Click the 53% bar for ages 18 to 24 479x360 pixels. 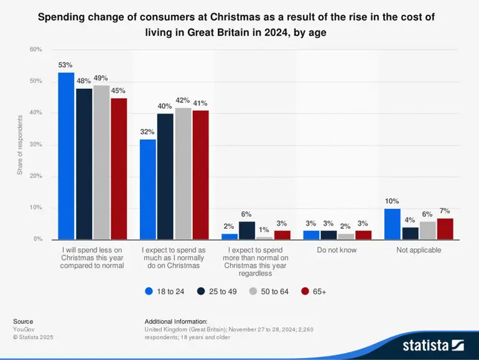coord(66,156)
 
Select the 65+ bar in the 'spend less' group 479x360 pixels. coord(118,168)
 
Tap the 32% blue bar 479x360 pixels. coord(148,189)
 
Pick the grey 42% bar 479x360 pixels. coord(183,173)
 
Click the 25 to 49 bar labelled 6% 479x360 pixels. coord(247,230)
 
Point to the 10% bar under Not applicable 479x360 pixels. coord(392,224)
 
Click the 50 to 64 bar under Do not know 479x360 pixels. coord(346,236)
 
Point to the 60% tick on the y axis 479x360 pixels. coord(36,49)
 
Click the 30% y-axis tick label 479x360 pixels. coord(36,145)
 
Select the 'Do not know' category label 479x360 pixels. coord(337,250)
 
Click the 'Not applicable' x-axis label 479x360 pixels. coord(419,250)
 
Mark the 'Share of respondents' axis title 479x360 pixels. coord(20,144)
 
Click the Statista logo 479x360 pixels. coord(433,344)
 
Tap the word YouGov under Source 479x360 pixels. coord(24,329)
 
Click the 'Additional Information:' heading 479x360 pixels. coord(176,321)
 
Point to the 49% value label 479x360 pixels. coord(101,78)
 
